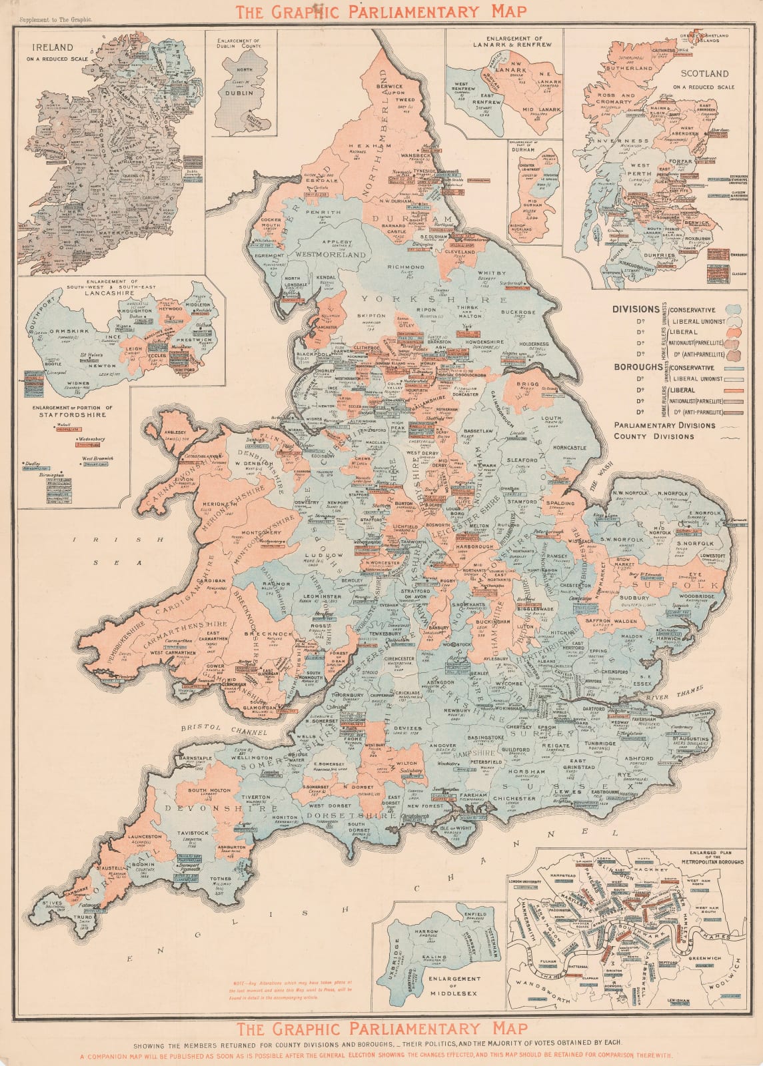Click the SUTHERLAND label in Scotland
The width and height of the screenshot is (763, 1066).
tap(626, 68)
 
